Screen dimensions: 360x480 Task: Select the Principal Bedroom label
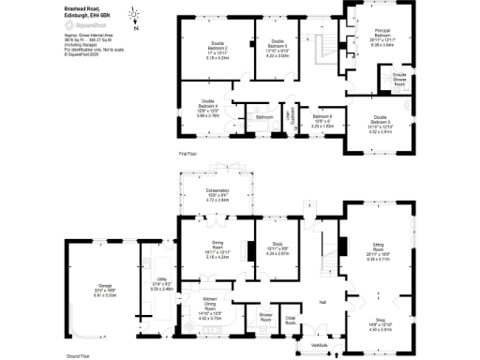point(382,35)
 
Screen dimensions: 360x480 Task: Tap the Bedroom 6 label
point(324,122)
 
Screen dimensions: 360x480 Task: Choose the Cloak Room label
point(291,321)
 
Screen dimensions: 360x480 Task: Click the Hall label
point(322,302)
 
